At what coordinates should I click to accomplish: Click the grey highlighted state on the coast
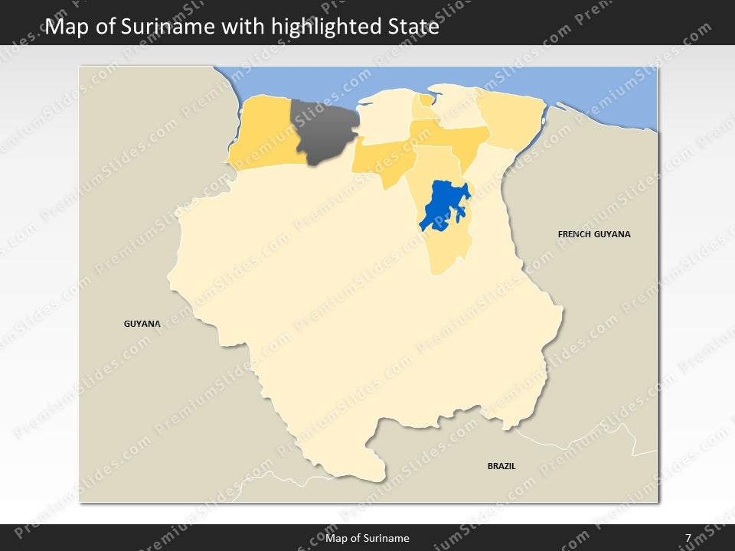325,130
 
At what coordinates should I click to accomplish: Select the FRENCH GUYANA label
594,234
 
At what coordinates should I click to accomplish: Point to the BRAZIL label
501,465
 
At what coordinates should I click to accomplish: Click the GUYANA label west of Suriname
142,324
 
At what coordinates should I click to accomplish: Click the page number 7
688,538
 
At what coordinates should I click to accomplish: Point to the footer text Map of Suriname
367,538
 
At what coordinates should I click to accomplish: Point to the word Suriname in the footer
388,538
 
